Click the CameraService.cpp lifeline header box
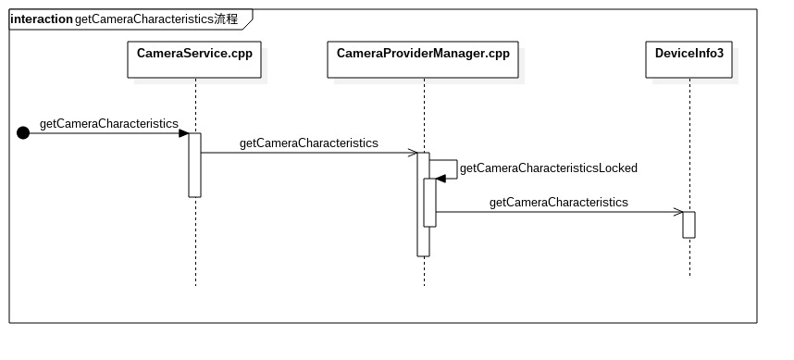point(194,54)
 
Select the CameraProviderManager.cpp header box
point(423,54)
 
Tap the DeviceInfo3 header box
point(689,54)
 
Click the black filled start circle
point(23,133)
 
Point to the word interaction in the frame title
point(41,19)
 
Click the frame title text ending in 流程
point(155,19)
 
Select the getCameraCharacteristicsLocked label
point(548,168)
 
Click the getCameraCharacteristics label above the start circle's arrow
point(108,123)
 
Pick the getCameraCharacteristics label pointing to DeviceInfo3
point(558,202)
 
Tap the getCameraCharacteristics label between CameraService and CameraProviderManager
point(308,143)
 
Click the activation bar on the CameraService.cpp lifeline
point(195,165)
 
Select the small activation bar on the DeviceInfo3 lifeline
point(689,225)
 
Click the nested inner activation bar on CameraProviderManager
point(430,202)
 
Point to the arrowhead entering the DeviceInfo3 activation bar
point(678,212)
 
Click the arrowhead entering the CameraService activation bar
point(184,133)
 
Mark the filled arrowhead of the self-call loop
point(440,178)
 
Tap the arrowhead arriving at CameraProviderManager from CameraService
point(413,153)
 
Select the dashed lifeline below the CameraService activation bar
point(195,241)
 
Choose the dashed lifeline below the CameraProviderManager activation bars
point(424,270)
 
